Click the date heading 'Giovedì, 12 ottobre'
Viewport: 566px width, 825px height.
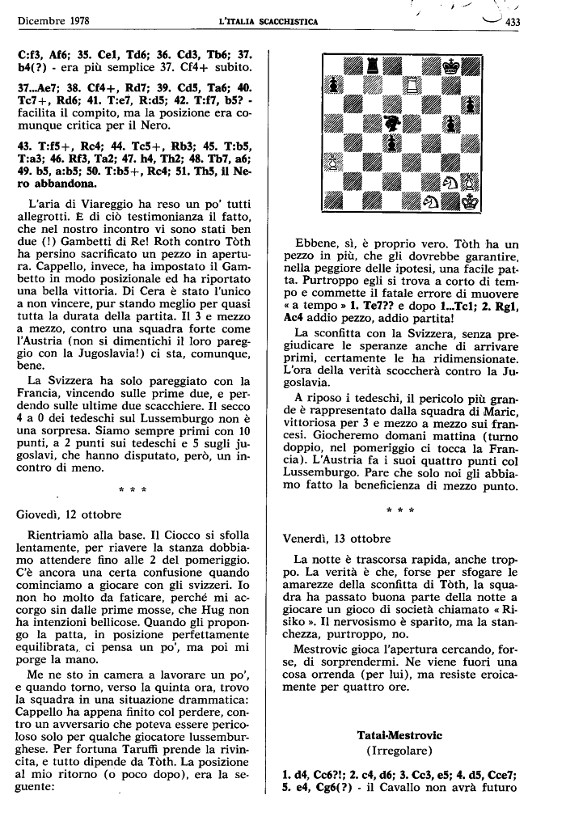tap(69, 513)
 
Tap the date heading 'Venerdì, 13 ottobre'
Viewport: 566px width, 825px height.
tap(336, 537)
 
